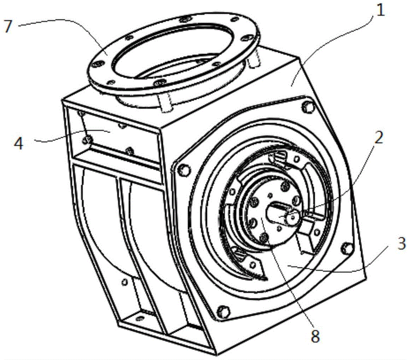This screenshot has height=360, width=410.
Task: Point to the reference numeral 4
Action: [18, 143]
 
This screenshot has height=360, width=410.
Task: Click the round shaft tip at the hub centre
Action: [293, 216]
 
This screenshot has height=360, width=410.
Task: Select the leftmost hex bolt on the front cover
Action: [185, 170]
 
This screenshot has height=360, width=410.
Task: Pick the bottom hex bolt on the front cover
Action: [222, 311]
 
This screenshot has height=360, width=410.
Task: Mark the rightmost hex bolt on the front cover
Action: [347, 249]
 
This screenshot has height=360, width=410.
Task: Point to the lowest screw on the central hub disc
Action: [264, 237]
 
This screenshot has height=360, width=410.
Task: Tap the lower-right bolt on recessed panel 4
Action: [129, 150]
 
